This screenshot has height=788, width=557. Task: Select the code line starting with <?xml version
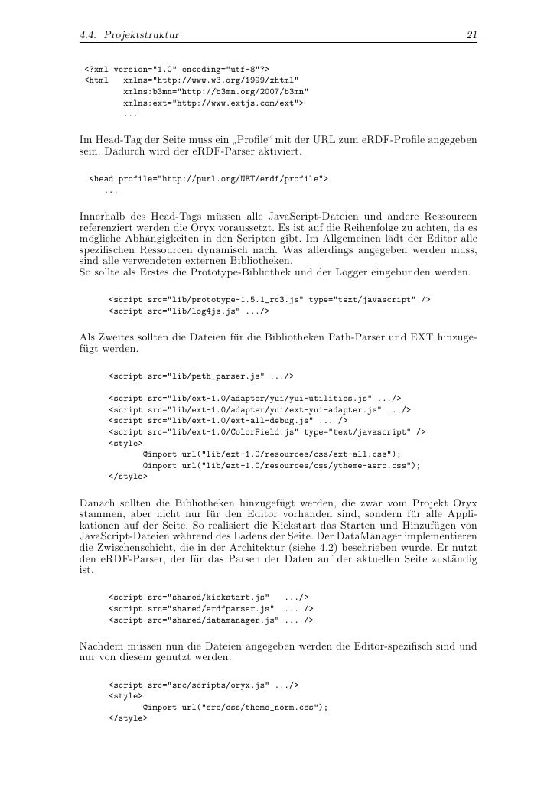(x=171, y=67)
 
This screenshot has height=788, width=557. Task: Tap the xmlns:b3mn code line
(x=210, y=91)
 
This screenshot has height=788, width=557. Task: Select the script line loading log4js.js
(x=189, y=312)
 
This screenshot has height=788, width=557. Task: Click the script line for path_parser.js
(x=201, y=376)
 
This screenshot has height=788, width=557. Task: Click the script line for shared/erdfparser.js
(x=211, y=607)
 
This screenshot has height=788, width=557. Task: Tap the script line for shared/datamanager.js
(x=211, y=619)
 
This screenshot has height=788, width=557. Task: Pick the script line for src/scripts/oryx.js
(x=204, y=685)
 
